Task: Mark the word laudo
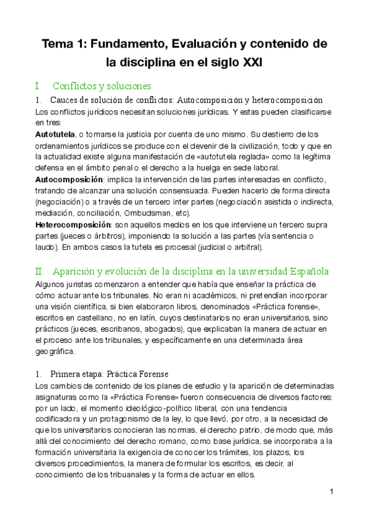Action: (x=46, y=247)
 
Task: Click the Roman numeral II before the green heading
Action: (x=39, y=271)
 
